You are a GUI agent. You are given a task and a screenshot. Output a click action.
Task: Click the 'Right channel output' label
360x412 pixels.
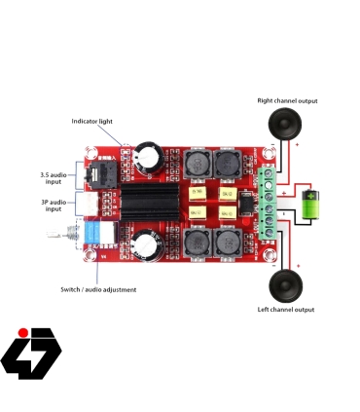[287, 100]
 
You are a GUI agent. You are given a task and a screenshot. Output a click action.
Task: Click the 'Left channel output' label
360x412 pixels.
[286, 310]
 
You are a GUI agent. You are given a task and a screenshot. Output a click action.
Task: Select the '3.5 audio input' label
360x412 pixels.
[54, 177]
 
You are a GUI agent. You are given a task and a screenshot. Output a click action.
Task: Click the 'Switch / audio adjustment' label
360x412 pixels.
[98, 289]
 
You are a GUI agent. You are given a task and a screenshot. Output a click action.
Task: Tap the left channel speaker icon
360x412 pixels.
[286, 285]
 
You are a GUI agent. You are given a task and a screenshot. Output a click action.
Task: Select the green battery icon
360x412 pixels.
[310, 206]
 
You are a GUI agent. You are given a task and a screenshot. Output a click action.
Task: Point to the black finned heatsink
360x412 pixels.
[147, 206]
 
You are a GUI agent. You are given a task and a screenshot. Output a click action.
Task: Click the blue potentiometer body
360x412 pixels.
[97, 236]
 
